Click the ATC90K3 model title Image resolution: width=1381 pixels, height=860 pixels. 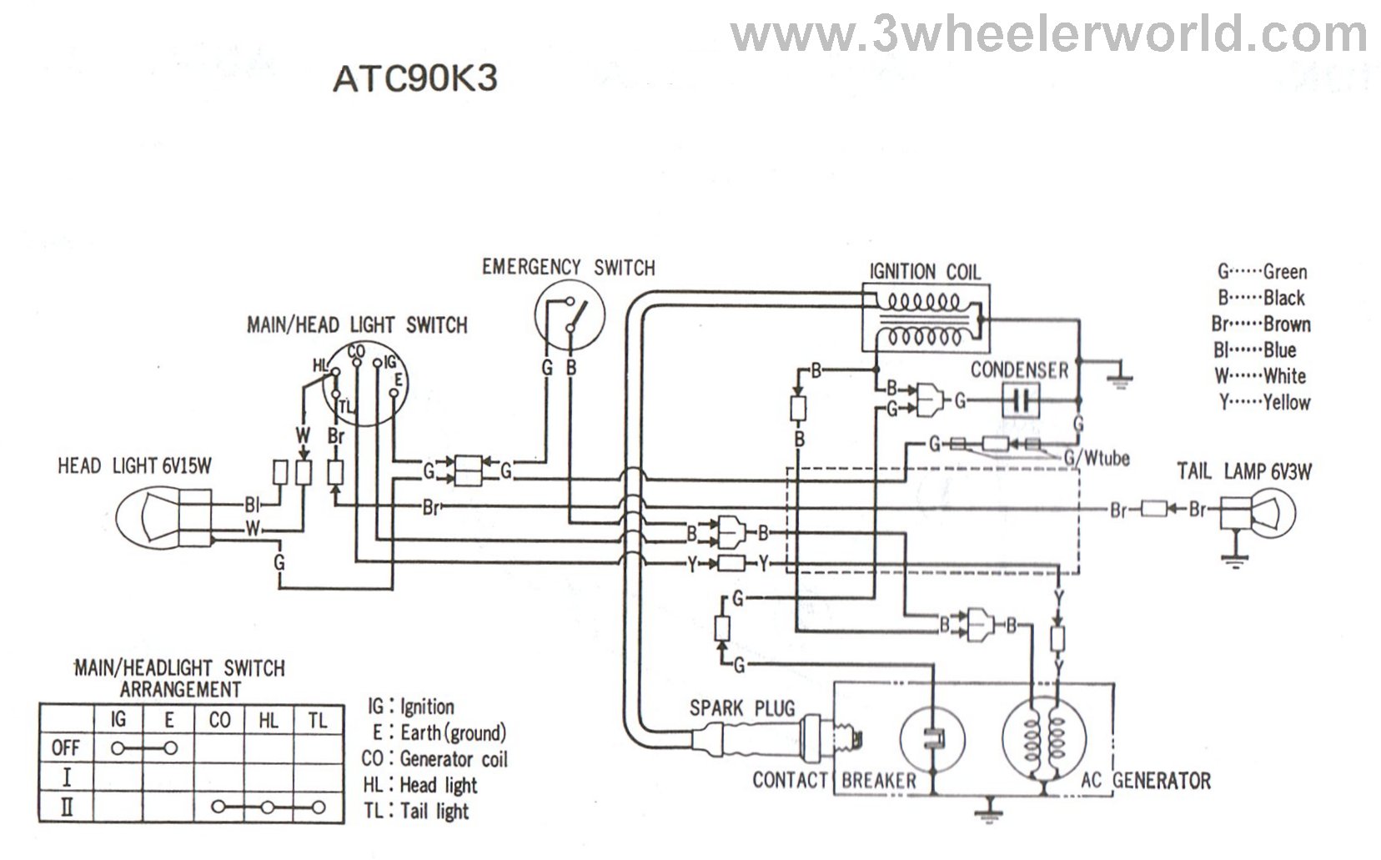(x=414, y=78)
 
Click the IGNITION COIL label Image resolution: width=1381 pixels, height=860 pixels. (x=925, y=272)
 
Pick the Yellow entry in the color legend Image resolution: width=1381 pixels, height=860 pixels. (x=1264, y=402)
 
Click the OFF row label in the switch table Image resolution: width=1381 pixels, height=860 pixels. (x=65, y=747)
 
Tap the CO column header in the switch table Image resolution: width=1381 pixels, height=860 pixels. (x=219, y=720)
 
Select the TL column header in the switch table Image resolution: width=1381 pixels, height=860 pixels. (x=317, y=720)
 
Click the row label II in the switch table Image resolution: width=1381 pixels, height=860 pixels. (x=65, y=807)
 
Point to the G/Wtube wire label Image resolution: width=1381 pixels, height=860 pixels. (x=1096, y=458)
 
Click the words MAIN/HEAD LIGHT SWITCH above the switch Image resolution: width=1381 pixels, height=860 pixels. (x=357, y=324)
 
